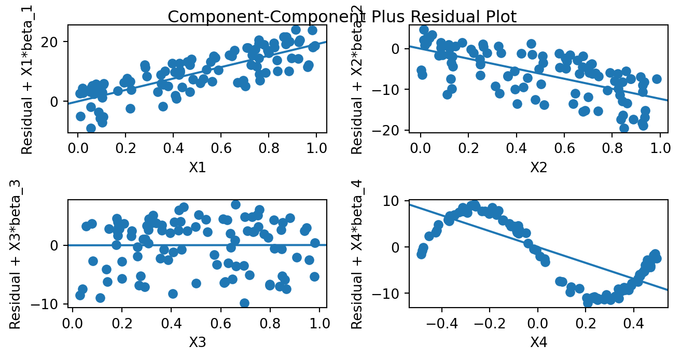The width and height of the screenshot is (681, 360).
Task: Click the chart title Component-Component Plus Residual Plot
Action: point(342,17)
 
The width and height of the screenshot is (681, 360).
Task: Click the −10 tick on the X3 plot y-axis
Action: point(50,304)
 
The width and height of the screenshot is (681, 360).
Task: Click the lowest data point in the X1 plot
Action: point(91,128)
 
